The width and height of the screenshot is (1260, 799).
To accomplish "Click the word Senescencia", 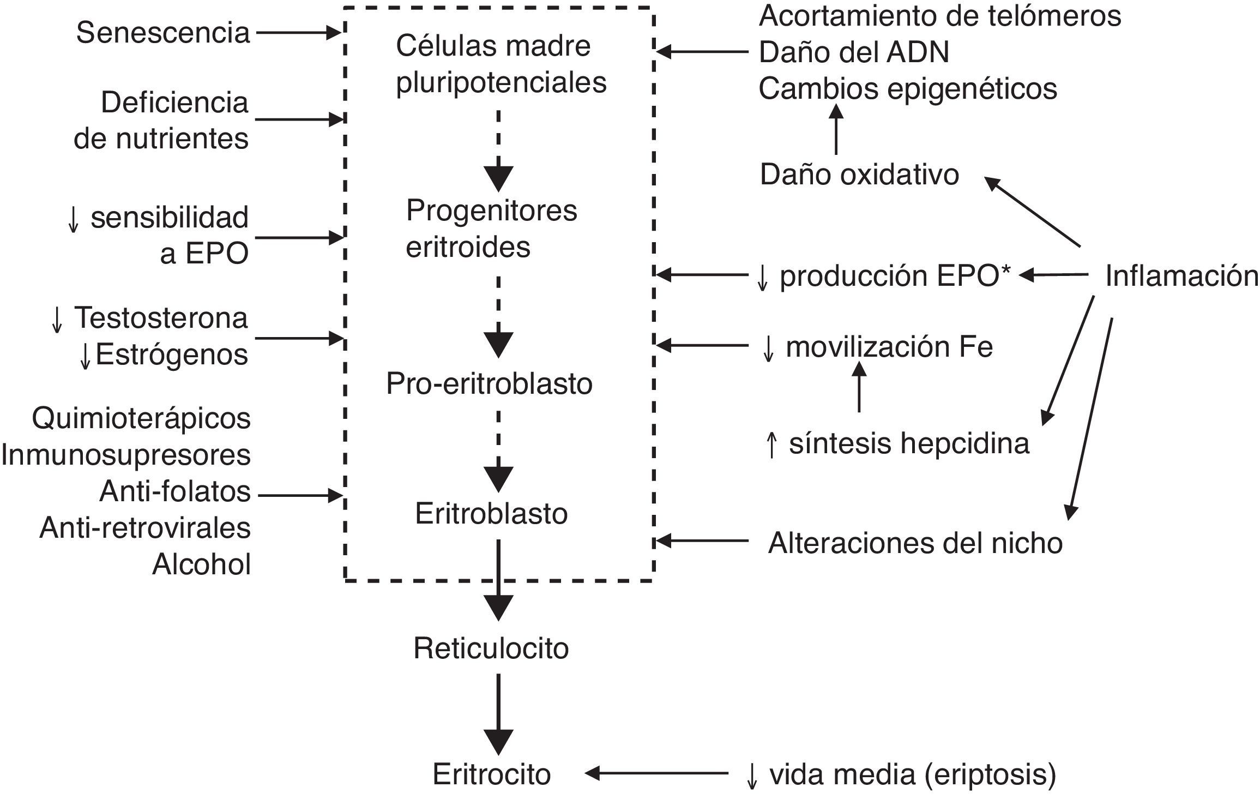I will pyautogui.click(x=163, y=33).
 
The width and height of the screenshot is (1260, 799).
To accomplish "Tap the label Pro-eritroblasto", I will pyautogui.click(x=489, y=384).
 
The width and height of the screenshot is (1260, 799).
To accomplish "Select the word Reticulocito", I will pyautogui.click(x=491, y=648).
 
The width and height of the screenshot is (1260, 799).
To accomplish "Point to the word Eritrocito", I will pyautogui.click(x=491, y=774).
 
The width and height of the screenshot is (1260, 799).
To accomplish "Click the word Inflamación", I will pyautogui.click(x=1181, y=276).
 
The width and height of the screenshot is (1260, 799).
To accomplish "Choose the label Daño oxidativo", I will pyautogui.click(x=859, y=175).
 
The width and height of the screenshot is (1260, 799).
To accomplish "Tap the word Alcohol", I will pyautogui.click(x=201, y=564).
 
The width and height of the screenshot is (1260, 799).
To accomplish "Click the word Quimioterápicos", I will pyautogui.click(x=141, y=419).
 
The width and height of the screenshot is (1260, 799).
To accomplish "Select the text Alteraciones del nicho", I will pyautogui.click(x=915, y=543).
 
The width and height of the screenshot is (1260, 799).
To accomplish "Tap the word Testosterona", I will pyautogui.click(x=161, y=318).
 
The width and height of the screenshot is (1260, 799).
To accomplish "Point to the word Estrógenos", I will pyautogui.click(x=171, y=355).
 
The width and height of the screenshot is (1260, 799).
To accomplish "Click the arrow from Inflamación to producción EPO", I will pyautogui.click(x=1053, y=275).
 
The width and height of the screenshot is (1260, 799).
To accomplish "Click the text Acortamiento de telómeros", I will pyautogui.click(x=939, y=16).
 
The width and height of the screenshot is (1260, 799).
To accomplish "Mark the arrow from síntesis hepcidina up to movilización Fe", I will pyautogui.click(x=859, y=387).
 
